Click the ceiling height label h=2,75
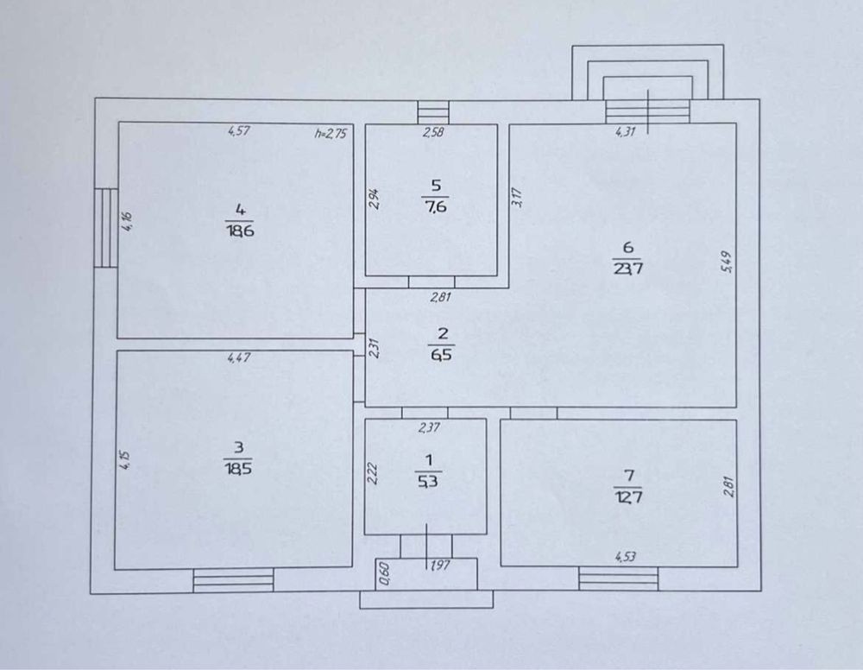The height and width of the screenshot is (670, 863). (331, 133)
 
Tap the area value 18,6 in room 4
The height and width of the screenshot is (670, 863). (239, 231)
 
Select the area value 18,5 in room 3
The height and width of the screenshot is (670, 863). (238, 469)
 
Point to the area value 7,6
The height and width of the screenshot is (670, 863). (435, 206)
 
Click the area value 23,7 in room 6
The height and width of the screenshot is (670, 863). (628, 269)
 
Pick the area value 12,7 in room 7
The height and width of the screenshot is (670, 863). (627, 497)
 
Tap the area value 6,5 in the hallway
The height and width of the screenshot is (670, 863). (442, 355)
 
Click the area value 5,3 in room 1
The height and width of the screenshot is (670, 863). (428, 481)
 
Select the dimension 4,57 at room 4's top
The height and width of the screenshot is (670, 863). (239, 131)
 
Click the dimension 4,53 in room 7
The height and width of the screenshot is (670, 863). (625, 557)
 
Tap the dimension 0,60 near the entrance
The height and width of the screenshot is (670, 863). (385, 574)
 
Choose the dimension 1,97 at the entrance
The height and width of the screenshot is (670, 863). (439, 565)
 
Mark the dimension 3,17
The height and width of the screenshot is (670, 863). (517, 198)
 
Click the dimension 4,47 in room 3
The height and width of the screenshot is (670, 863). (239, 357)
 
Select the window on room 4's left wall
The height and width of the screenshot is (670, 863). (105, 228)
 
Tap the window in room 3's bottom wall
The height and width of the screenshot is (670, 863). (233, 580)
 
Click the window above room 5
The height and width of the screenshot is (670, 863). (433, 112)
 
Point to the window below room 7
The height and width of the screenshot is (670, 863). (619, 578)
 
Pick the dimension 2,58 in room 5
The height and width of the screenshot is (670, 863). (433, 132)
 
